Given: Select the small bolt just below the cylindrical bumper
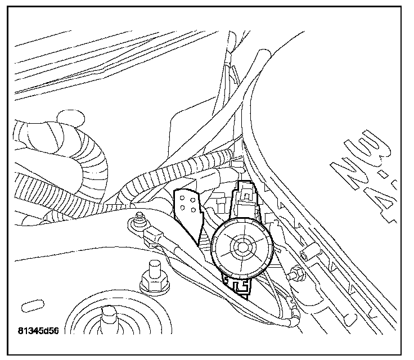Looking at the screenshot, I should (294, 274).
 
